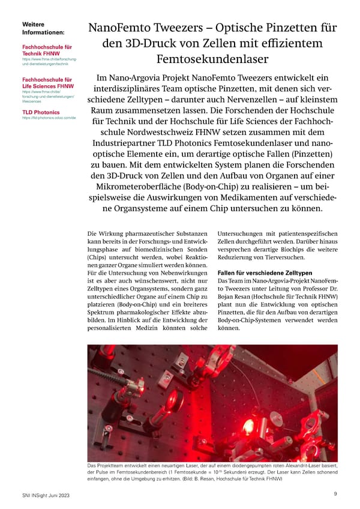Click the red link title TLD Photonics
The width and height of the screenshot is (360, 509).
click(41, 112)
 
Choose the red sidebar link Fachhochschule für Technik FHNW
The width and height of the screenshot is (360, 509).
click(46, 50)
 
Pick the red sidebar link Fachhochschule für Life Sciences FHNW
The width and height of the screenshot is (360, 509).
click(46, 82)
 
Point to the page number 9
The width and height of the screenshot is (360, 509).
click(334, 493)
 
